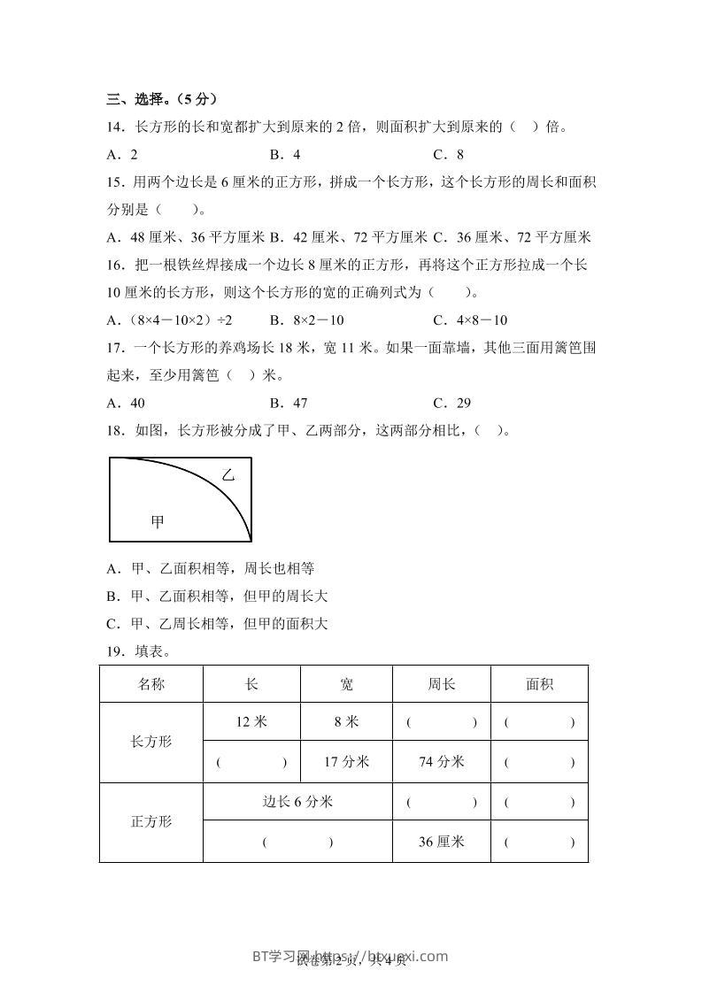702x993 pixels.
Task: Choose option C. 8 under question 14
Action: pos(449,154)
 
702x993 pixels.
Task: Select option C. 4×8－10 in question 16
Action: pos(470,320)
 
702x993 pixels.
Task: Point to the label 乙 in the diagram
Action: pos(228,475)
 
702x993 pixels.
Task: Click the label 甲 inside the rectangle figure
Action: pos(158,522)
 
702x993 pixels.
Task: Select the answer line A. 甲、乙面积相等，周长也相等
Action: pos(210,568)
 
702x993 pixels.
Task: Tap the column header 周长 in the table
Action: pos(441,684)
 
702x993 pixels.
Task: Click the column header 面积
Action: pos(539,684)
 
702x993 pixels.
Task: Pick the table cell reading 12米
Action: pos(251,722)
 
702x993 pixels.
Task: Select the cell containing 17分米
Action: pos(346,761)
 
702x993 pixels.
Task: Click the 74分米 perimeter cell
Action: pos(441,761)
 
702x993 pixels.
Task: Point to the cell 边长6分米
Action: pos(297,802)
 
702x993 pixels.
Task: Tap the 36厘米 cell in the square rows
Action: pos(441,842)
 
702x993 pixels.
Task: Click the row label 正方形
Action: pos(151,821)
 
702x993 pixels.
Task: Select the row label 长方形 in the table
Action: pos(151,742)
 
